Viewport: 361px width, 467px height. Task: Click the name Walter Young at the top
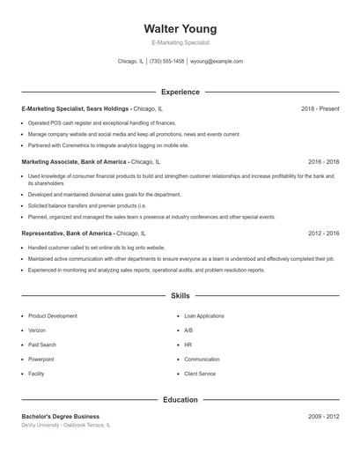tap(180, 28)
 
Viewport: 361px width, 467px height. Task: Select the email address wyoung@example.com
tap(216, 62)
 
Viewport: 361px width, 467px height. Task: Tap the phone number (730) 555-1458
tap(166, 62)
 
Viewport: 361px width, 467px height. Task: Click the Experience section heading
tap(180, 92)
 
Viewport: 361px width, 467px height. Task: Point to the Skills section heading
tap(180, 296)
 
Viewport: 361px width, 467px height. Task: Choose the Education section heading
tap(180, 400)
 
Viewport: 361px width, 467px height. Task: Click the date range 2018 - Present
tap(320, 108)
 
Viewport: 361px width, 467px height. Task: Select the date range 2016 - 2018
tap(323, 162)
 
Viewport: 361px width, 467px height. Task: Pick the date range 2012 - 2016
tap(323, 233)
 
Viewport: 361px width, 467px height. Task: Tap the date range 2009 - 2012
tap(323, 416)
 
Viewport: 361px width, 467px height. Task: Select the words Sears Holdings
tap(109, 108)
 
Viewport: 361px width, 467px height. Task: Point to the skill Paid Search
tap(41, 345)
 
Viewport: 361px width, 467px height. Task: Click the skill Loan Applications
tap(203, 315)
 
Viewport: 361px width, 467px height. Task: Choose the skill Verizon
tap(38, 330)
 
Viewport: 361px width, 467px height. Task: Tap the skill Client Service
tap(200, 374)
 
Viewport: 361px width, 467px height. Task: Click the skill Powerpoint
tap(41, 360)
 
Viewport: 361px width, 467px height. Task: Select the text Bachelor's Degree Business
tap(61, 416)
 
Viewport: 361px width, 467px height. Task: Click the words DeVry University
tap(43, 425)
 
